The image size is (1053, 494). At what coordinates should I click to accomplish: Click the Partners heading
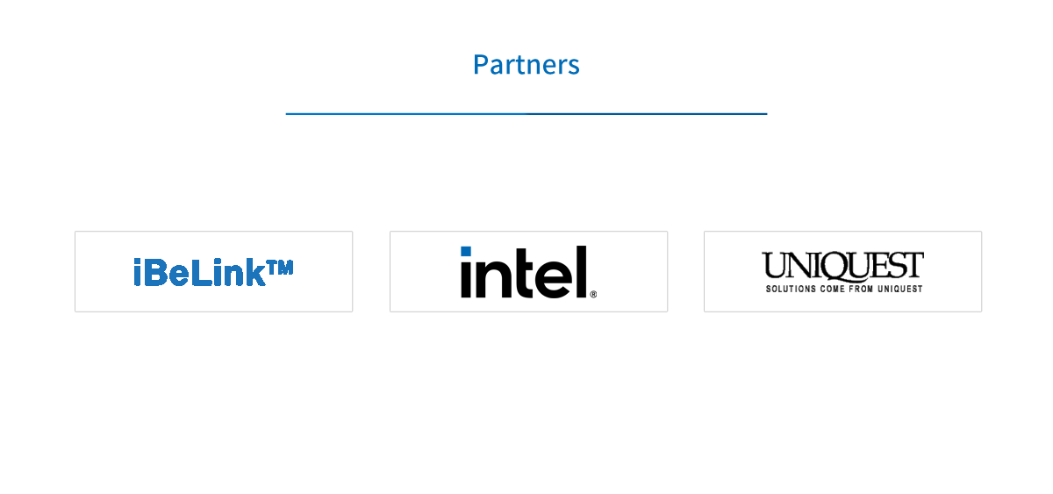tap(526, 64)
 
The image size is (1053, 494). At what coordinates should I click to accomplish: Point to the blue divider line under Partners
tap(526, 114)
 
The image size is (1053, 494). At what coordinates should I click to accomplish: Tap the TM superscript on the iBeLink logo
tap(280, 268)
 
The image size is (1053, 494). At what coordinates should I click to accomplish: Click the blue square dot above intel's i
tap(466, 252)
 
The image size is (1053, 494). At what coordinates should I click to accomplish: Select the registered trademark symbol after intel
tap(593, 294)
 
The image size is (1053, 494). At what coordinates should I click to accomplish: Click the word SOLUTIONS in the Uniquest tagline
tap(792, 289)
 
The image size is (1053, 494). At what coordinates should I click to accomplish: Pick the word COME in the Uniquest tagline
tap(833, 289)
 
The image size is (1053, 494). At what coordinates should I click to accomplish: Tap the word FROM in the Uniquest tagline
tap(861, 289)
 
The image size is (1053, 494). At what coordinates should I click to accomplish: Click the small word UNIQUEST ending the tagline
tap(900, 289)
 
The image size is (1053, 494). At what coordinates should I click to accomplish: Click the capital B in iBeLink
tap(154, 272)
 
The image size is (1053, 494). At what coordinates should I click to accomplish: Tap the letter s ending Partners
tap(574, 68)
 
